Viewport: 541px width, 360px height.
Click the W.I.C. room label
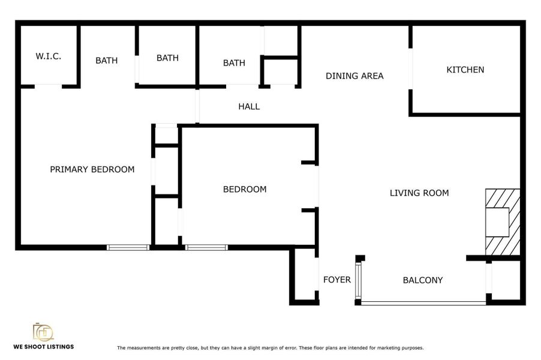click(x=48, y=56)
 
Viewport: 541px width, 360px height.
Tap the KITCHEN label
click(x=465, y=70)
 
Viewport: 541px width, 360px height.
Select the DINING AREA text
click(x=354, y=76)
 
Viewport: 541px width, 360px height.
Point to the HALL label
click(x=249, y=107)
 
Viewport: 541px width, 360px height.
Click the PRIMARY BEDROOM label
click(x=92, y=169)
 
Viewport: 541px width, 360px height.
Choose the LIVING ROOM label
click(x=419, y=193)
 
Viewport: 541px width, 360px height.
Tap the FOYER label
click(x=336, y=280)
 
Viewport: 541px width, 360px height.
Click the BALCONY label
click(x=422, y=280)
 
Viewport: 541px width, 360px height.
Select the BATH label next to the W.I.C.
click(x=107, y=60)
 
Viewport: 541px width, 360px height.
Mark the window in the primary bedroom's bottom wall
click(x=128, y=247)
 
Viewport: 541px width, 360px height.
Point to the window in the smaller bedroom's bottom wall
click(x=206, y=247)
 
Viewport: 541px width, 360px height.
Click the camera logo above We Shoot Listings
click(x=43, y=332)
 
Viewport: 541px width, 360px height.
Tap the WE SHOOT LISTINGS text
click(x=44, y=346)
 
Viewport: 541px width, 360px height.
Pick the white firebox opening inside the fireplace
click(x=496, y=222)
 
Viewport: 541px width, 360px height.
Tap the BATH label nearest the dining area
click(x=234, y=62)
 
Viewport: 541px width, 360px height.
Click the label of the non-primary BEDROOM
click(x=244, y=190)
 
